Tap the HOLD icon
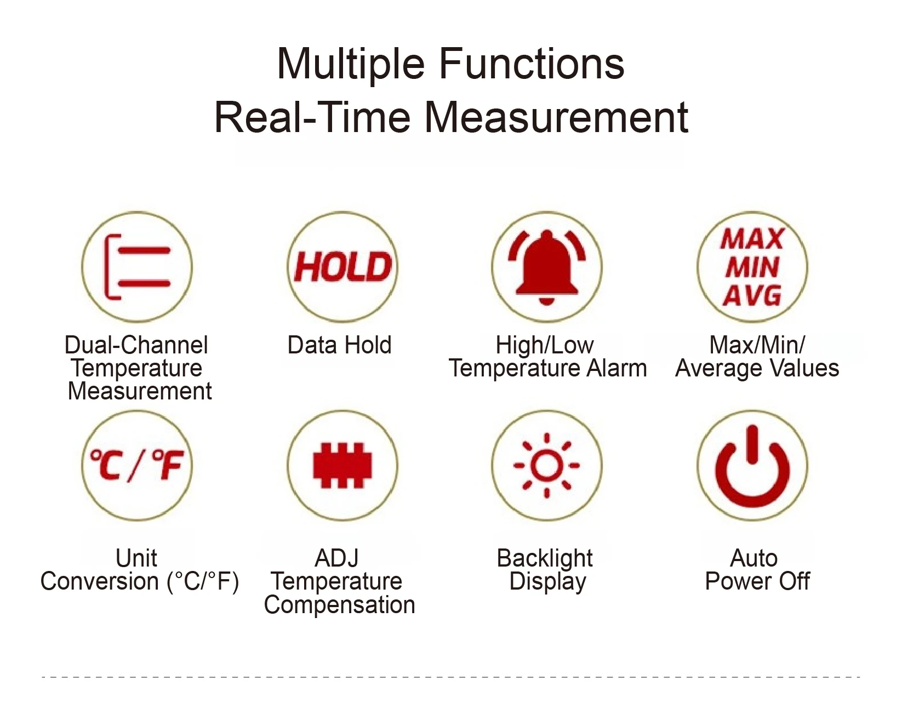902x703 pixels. tap(343, 267)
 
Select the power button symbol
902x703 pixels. tap(752, 466)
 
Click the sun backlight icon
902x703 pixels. tap(546, 466)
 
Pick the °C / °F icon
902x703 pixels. tap(137, 466)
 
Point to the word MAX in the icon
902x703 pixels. tap(752, 239)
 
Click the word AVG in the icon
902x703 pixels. tap(752, 296)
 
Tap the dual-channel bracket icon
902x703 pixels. tap(137, 267)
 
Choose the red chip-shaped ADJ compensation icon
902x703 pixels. tap(342, 466)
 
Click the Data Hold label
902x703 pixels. tap(340, 345)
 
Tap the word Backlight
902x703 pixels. tap(545, 558)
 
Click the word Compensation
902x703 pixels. tap(340, 605)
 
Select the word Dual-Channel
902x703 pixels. tap(136, 345)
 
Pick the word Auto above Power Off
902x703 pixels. tap(754, 558)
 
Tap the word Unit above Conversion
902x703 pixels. tap(136, 558)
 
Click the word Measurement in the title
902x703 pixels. tap(556, 117)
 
